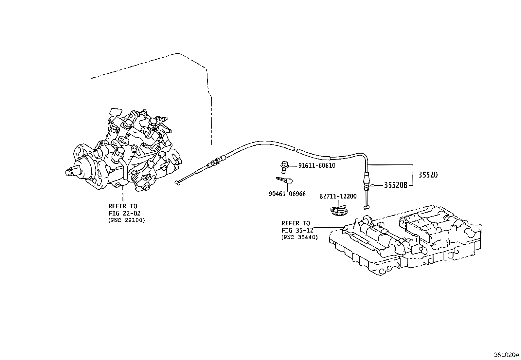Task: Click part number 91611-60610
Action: [x=316, y=166]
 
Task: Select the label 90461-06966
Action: [x=287, y=194]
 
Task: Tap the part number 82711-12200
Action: [x=338, y=196]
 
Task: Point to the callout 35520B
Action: [x=395, y=185]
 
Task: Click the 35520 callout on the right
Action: [x=427, y=175]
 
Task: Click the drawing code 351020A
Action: [x=506, y=355]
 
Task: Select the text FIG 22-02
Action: [x=124, y=213]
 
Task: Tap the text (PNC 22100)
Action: [x=126, y=220]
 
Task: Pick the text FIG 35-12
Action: [x=297, y=230]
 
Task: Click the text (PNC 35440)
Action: [x=299, y=237]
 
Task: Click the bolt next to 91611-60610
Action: [x=284, y=166]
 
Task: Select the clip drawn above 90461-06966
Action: [x=284, y=180]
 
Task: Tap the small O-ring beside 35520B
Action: [x=373, y=186]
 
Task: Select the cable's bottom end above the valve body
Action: [x=366, y=207]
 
